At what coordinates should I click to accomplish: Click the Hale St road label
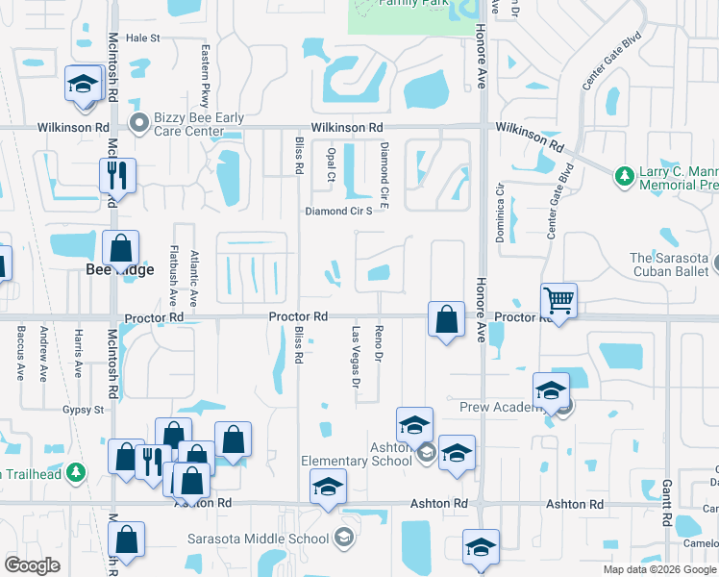[141, 38]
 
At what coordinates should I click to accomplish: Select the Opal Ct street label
[330, 163]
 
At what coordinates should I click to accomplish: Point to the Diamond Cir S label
[338, 211]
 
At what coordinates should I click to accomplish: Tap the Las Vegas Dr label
[356, 353]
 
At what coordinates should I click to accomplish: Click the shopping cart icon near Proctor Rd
[558, 301]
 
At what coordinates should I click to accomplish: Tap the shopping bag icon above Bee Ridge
[121, 249]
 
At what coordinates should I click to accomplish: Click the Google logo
[32, 564]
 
